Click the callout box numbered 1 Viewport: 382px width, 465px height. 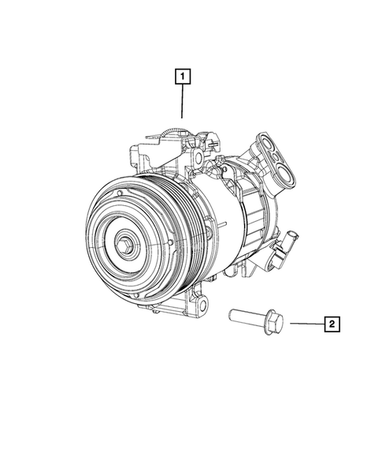(182, 77)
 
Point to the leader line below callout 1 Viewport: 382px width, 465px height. (182, 101)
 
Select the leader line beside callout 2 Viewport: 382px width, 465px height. (305, 323)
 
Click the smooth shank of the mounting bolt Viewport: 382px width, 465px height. (246, 319)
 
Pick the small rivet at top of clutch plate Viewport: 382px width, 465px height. (118, 193)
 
